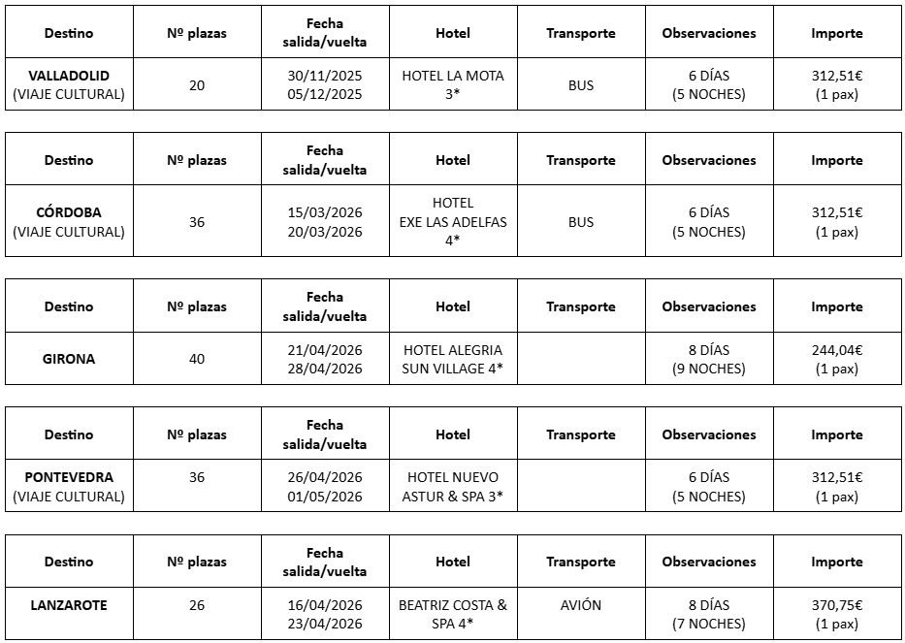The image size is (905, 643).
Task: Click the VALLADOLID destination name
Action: tap(69, 76)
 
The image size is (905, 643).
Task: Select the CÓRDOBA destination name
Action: tap(69, 212)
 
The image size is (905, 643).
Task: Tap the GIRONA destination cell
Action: tap(69, 359)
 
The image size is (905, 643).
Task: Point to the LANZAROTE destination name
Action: tap(69, 605)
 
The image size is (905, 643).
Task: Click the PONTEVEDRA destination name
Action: tap(69, 477)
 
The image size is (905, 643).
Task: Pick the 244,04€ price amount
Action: tap(837, 350)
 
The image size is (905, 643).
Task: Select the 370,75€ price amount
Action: tap(837, 605)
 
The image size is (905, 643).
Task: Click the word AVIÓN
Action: tap(580, 605)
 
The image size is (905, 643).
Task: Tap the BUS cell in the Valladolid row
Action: tap(580, 85)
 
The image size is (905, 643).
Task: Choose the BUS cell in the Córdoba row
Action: tap(580, 222)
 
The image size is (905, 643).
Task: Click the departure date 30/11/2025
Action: tap(324, 76)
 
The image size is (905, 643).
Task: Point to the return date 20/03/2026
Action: tap(324, 232)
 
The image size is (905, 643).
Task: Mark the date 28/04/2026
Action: tap(324, 369)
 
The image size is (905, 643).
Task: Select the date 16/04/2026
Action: tap(324, 605)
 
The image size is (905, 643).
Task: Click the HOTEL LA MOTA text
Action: tap(453, 76)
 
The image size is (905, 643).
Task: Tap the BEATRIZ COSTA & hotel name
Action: tap(453, 605)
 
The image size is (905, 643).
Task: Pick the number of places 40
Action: tap(197, 359)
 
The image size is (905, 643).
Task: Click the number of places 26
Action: tap(197, 605)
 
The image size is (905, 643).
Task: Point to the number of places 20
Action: tap(197, 85)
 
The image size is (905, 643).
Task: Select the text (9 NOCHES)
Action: tap(709, 369)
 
